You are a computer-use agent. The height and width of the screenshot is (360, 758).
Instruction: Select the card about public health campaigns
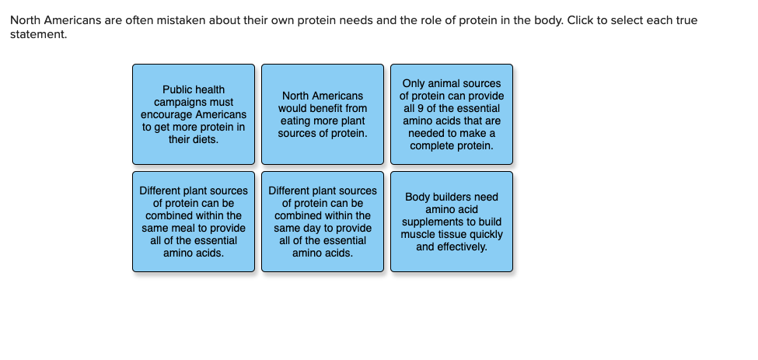[194, 114]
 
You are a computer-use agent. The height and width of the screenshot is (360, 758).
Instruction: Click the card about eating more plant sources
[323, 114]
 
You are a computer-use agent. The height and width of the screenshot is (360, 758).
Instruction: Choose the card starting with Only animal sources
[452, 114]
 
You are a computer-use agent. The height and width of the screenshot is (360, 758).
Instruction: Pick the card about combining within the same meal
[194, 222]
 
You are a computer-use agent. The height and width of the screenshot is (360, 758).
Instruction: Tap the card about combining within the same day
[323, 222]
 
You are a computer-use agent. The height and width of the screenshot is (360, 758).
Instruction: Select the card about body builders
[452, 222]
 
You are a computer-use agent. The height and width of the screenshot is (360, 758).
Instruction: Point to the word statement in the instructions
[39, 35]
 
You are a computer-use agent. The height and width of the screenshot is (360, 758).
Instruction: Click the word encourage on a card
[167, 115]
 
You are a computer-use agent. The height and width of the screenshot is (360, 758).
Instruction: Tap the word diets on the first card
[207, 140]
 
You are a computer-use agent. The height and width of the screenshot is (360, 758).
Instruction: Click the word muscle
[416, 234]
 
